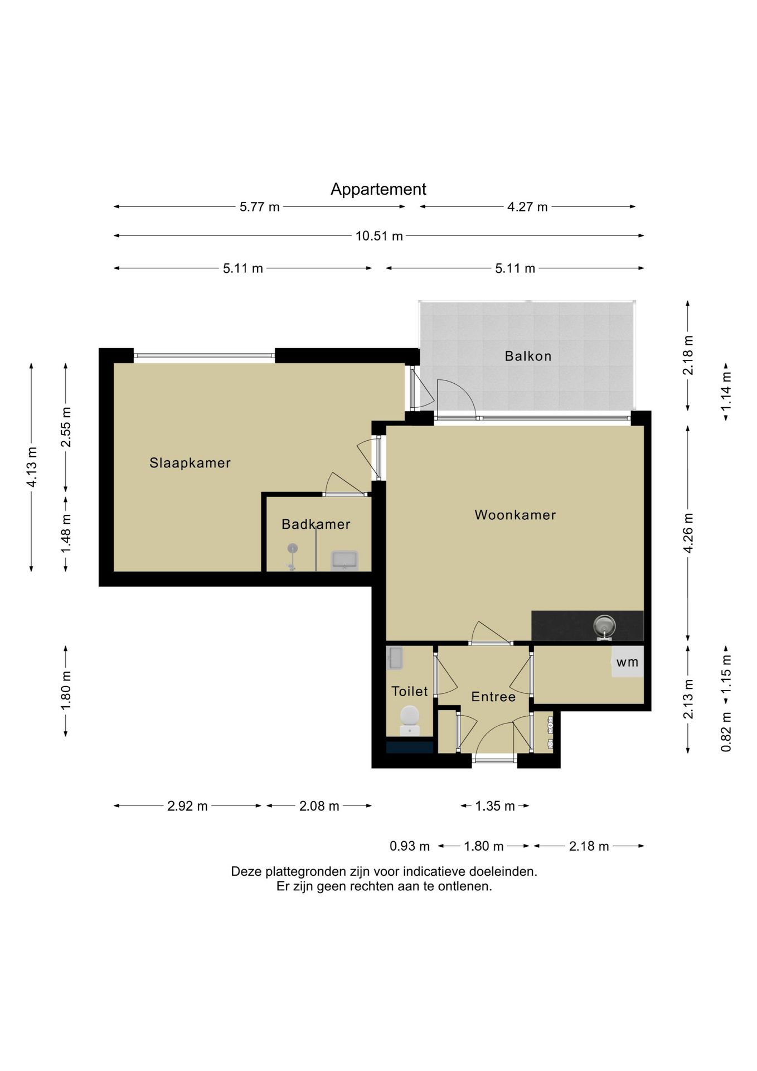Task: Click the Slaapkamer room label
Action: coord(190,463)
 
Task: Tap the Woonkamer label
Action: coord(515,515)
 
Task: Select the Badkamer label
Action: coord(316,524)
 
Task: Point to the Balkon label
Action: coord(528,356)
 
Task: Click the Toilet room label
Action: coord(410,692)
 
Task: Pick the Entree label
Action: coord(493,697)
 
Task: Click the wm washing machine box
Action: coord(628,662)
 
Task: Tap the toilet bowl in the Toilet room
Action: coord(410,720)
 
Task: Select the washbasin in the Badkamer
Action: coord(344,560)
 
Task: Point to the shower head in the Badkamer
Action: coord(292,549)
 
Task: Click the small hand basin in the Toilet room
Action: coord(395,658)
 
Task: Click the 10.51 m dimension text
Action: coord(379,236)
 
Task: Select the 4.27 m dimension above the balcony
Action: coord(527,207)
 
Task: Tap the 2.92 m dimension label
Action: coord(187,806)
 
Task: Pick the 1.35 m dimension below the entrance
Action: coord(495,806)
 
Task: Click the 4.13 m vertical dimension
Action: coord(32,467)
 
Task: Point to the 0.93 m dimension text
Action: coord(410,846)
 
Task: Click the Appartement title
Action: coord(378,189)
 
